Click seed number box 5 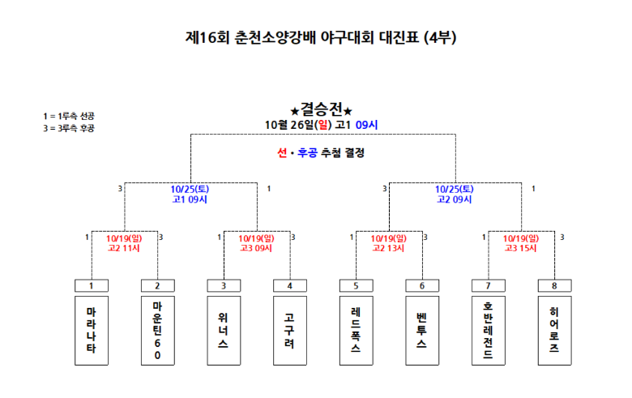pos(356,285)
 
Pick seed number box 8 pos(553,285)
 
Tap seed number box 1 pos(92,285)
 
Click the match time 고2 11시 pos(124,248)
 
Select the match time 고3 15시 pos(520,248)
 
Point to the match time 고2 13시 pos(388,248)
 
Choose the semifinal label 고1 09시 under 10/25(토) pos(190,199)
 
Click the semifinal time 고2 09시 pos(454,199)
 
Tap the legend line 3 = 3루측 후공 pos(69,128)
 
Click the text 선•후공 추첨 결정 pos(321,152)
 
